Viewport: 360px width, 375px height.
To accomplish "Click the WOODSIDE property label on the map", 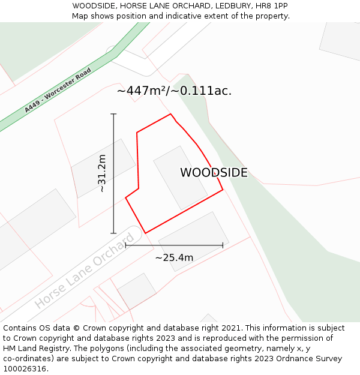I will click(214, 173).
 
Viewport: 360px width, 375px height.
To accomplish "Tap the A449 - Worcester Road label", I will click(58, 91).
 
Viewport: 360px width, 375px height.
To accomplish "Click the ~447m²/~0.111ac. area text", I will click(174, 91).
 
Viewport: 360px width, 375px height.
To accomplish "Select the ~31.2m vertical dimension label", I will click(102, 173).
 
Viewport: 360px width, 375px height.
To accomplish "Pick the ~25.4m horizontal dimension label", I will click(174, 258).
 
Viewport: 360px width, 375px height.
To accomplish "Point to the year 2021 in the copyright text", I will click(232, 328).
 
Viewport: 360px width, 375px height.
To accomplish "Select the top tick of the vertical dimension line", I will click(113, 114).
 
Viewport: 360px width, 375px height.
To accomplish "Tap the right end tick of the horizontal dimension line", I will click(223, 245).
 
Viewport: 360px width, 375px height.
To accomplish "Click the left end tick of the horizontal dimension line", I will click(125, 245).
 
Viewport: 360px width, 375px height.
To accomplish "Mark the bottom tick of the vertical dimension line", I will click(113, 233).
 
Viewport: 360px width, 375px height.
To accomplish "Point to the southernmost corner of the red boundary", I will click(145, 233).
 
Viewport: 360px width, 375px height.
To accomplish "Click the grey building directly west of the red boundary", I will click(103, 168).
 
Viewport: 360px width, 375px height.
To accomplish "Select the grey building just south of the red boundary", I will click(193, 240).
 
